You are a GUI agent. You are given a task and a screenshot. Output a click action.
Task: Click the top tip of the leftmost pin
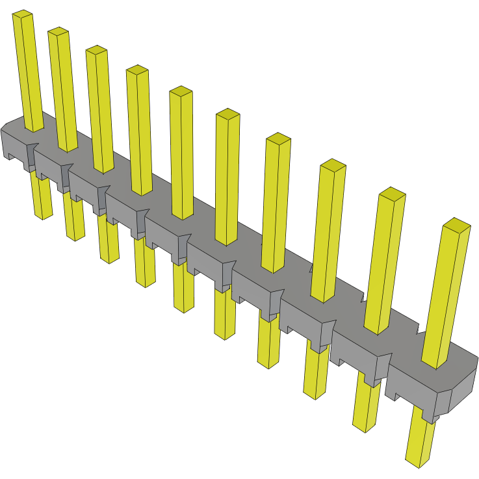(x=23, y=14)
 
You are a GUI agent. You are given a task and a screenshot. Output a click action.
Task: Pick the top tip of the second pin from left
(x=58, y=32)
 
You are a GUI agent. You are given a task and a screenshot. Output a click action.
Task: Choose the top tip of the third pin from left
(x=96, y=50)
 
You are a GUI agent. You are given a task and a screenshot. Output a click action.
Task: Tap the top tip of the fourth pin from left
(x=136, y=70)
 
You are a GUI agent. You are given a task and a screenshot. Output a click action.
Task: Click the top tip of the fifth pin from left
(x=181, y=91)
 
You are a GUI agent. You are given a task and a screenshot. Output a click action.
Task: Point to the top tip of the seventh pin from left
(x=278, y=138)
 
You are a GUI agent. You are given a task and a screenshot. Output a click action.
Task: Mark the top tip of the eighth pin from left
(x=333, y=164)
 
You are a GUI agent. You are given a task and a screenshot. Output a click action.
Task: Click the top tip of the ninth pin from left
(x=393, y=193)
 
